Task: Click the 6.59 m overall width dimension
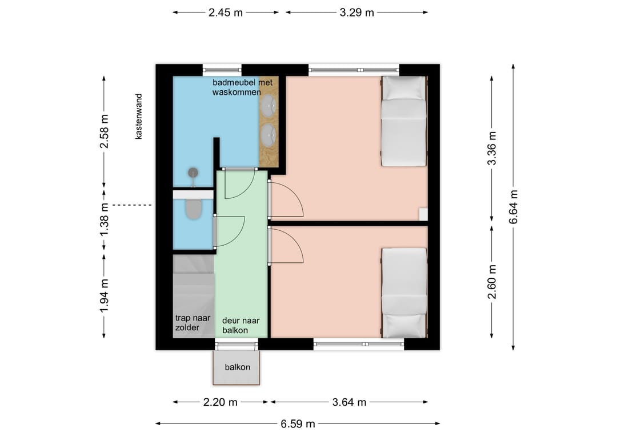coord(298,424)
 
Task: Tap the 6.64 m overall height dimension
coord(514,207)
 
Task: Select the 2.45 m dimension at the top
coord(226,13)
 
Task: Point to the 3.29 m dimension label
coord(356,13)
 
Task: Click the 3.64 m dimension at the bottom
coord(349,402)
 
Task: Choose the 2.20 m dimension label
coord(221,402)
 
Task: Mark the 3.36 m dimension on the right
coord(492,149)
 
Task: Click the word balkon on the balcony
coord(237,367)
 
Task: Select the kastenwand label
coord(138,117)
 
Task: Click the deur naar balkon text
coord(241,325)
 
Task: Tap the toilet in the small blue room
coord(193,209)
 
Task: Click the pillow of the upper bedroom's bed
coord(404,88)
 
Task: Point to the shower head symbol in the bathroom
coord(193,173)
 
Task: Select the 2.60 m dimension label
coord(492,282)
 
